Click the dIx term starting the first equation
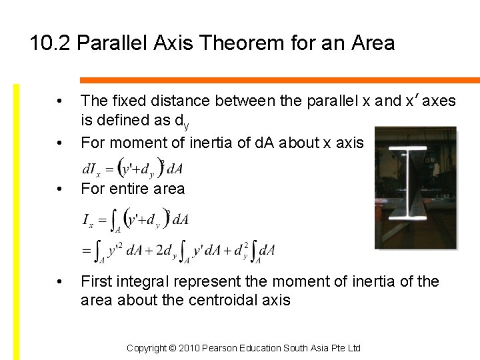tap(90, 167)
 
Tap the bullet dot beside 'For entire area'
tap(60, 189)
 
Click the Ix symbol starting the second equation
tap(87, 219)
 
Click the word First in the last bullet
tap(95, 281)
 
